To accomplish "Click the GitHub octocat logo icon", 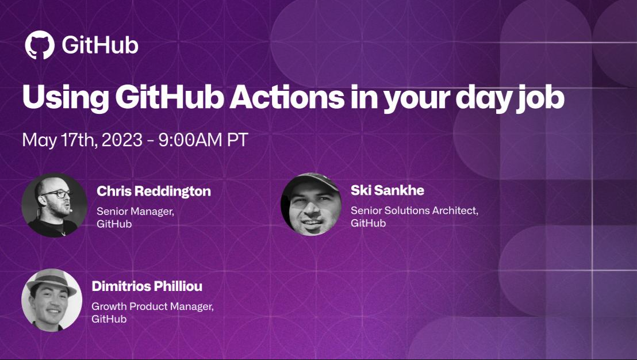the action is click(x=40, y=45).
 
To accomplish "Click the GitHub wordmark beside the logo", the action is click(x=100, y=45).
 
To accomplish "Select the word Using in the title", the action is click(x=66, y=98).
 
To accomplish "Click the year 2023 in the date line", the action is click(x=122, y=140).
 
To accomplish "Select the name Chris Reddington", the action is click(x=154, y=192).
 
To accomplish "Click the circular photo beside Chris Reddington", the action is click(x=55, y=205).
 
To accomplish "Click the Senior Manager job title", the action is click(x=135, y=212).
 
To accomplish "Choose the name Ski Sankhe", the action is click(x=387, y=190).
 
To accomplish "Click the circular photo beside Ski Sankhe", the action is click(x=311, y=204).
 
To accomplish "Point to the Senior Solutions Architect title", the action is click(x=415, y=211).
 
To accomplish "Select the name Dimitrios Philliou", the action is click(x=147, y=286).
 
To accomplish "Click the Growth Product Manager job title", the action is click(x=152, y=307).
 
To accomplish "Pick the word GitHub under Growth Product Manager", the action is click(x=109, y=319).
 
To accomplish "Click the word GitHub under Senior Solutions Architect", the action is click(x=368, y=223).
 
